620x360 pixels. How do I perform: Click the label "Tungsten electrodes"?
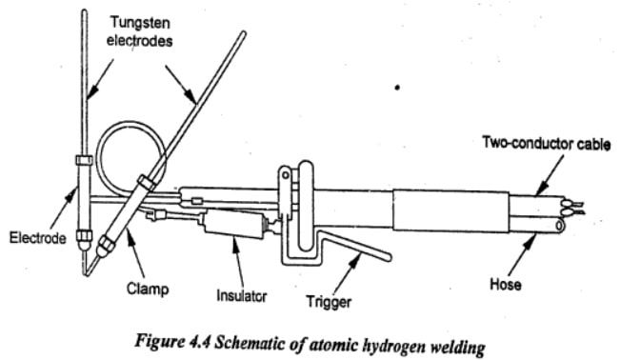pyautogui.click(x=140, y=31)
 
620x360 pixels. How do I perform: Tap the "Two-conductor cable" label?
pyautogui.click(x=546, y=143)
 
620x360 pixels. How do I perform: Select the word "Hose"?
pyautogui.click(x=506, y=284)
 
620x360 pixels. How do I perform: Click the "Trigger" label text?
pyautogui.click(x=329, y=302)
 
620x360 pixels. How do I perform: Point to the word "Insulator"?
pyautogui.click(x=242, y=295)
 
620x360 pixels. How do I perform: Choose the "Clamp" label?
pyautogui.click(x=148, y=289)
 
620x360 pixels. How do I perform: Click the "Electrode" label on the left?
pyautogui.click(x=37, y=238)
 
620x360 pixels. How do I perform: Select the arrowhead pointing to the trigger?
pyautogui.click(x=356, y=259)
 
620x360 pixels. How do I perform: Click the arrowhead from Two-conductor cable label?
pyautogui.click(x=541, y=190)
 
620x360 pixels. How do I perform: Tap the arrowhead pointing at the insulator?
pyautogui.click(x=234, y=242)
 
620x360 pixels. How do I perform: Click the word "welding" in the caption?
pyautogui.click(x=457, y=348)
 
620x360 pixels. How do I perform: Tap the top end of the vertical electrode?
pyautogui.click(x=84, y=11)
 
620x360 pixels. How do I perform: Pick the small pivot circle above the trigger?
pyautogui.click(x=285, y=174)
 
